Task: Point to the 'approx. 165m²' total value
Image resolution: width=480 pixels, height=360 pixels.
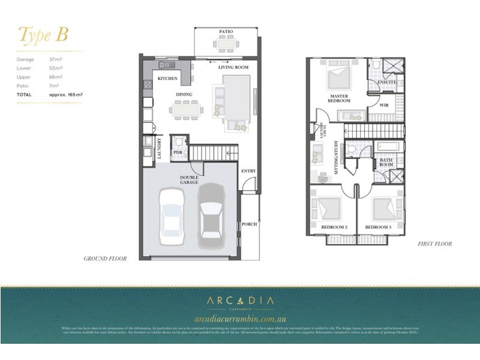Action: (x=65, y=95)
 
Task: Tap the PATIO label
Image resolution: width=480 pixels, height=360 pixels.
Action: (x=226, y=31)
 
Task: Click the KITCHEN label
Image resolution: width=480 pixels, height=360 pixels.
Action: (x=167, y=79)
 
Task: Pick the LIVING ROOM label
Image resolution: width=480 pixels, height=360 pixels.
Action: (x=233, y=68)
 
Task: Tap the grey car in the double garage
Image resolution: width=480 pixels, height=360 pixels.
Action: (x=211, y=212)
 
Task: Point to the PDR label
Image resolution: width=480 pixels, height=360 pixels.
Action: (x=178, y=153)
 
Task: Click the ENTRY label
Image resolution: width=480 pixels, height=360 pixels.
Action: (x=248, y=171)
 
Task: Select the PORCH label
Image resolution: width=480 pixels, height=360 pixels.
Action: (x=249, y=224)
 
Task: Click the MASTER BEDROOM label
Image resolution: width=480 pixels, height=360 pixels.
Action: (x=339, y=98)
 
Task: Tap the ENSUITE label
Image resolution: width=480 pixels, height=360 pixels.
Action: (x=386, y=82)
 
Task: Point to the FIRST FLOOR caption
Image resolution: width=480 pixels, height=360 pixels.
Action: (x=434, y=244)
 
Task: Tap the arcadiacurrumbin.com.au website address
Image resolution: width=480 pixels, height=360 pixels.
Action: (x=239, y=319)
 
